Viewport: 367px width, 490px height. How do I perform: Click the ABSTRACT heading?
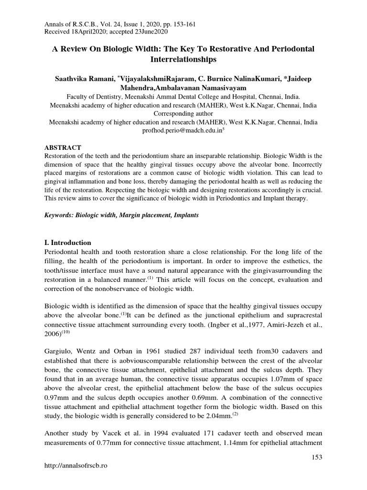tap(63, 147)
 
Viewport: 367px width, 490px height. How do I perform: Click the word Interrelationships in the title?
tap(183, 60)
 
